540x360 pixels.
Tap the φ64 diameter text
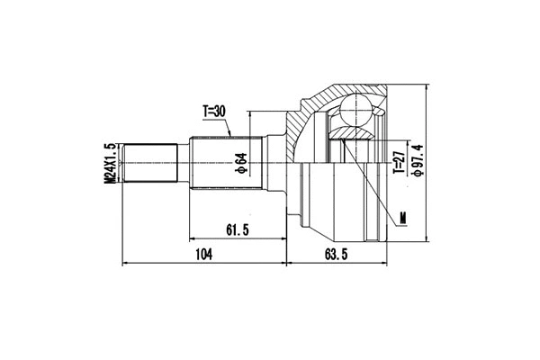tap(240, 165)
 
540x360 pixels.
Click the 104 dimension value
tap(203, 256)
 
